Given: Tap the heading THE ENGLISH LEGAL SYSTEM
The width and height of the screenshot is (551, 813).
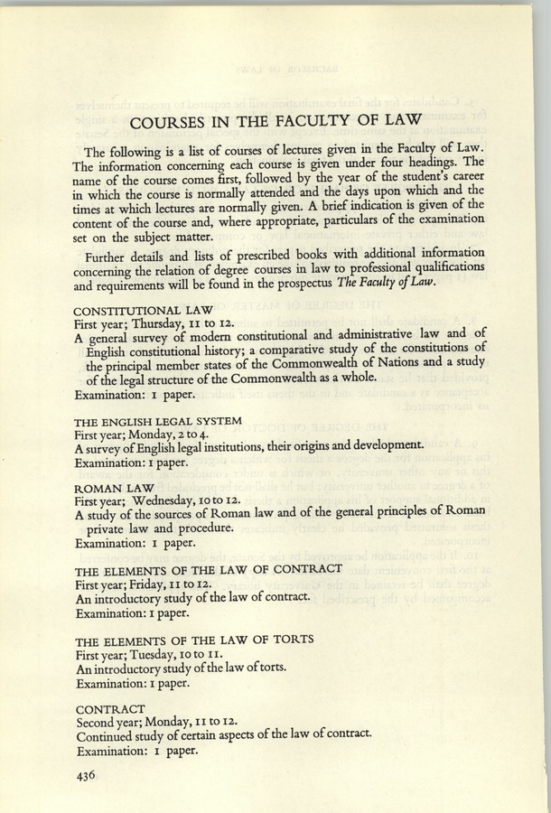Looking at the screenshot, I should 158,420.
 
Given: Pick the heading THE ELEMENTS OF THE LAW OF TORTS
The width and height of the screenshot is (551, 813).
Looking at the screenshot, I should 194,638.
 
